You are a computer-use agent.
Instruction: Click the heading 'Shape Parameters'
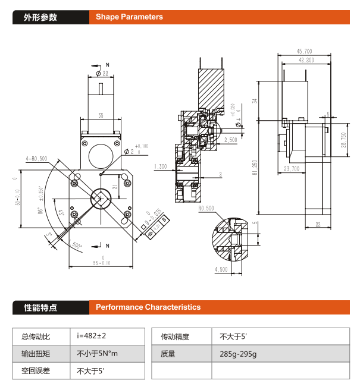coord(129,17)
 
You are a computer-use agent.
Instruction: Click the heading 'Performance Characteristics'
coord(148,307)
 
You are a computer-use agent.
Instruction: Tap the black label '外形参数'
coord(40,17)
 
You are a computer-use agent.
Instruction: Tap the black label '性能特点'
coord(40,307)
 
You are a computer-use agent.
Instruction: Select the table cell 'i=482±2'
coord(91,336)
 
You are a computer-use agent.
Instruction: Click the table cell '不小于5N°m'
coord(98,354)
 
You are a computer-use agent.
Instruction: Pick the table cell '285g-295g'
coord(238,354)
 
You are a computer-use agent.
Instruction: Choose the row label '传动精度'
coord(175,336)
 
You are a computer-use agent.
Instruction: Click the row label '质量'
coord(168,354)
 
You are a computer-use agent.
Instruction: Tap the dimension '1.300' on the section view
coord(160,166)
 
